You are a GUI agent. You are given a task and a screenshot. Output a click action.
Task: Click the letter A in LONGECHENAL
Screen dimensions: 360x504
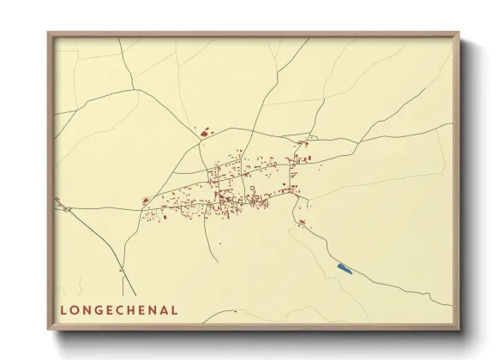(x=164, y=310)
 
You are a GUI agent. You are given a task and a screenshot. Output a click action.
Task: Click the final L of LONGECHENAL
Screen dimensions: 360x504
(x=175, y=310)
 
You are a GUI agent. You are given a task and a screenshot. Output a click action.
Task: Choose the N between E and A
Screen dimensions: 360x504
(x=152, y=310)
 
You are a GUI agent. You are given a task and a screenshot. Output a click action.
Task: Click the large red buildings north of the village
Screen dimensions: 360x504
(x=205, y=132)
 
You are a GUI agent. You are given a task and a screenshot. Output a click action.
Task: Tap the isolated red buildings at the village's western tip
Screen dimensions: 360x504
(x=146, y=201)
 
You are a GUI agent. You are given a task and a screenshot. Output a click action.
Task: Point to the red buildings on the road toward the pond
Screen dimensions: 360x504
(x=302, y=223)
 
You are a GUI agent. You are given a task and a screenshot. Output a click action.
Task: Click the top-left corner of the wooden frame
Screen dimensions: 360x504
(x=49, y=33)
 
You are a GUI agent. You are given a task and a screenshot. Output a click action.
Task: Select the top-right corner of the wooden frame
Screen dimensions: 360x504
(x=459, y=33)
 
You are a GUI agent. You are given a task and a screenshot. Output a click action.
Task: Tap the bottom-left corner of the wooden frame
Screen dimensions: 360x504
(x=49, y=330)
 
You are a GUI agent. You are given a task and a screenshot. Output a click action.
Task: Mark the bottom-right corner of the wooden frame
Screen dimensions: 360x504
(x=459, y=330)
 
